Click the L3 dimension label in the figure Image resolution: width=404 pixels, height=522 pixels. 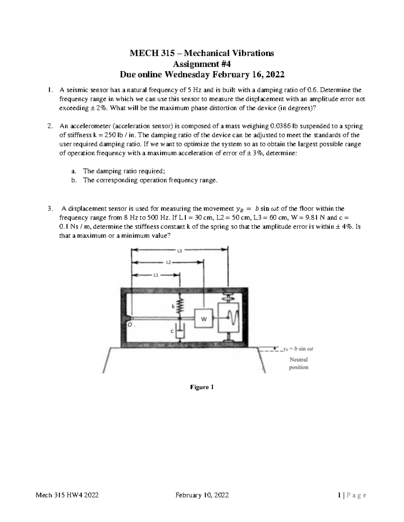pos(179,250)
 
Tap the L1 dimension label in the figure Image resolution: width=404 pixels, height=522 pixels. pos(156,275)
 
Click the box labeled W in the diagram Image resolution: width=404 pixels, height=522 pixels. pos(204,319)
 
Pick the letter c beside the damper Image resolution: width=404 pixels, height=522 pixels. pos(172,331)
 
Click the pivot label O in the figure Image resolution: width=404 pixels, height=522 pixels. pos(129,325)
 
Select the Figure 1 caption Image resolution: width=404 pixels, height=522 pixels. pos(202,387)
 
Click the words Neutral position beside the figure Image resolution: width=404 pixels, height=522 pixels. pos(299,363)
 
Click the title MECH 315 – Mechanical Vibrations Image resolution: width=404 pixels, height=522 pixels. pos(202,53)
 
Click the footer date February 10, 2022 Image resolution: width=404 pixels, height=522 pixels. pos(202,495)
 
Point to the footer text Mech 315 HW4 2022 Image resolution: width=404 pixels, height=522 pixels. pos(67,495)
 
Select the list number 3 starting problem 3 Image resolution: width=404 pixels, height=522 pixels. pos(49,209)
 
